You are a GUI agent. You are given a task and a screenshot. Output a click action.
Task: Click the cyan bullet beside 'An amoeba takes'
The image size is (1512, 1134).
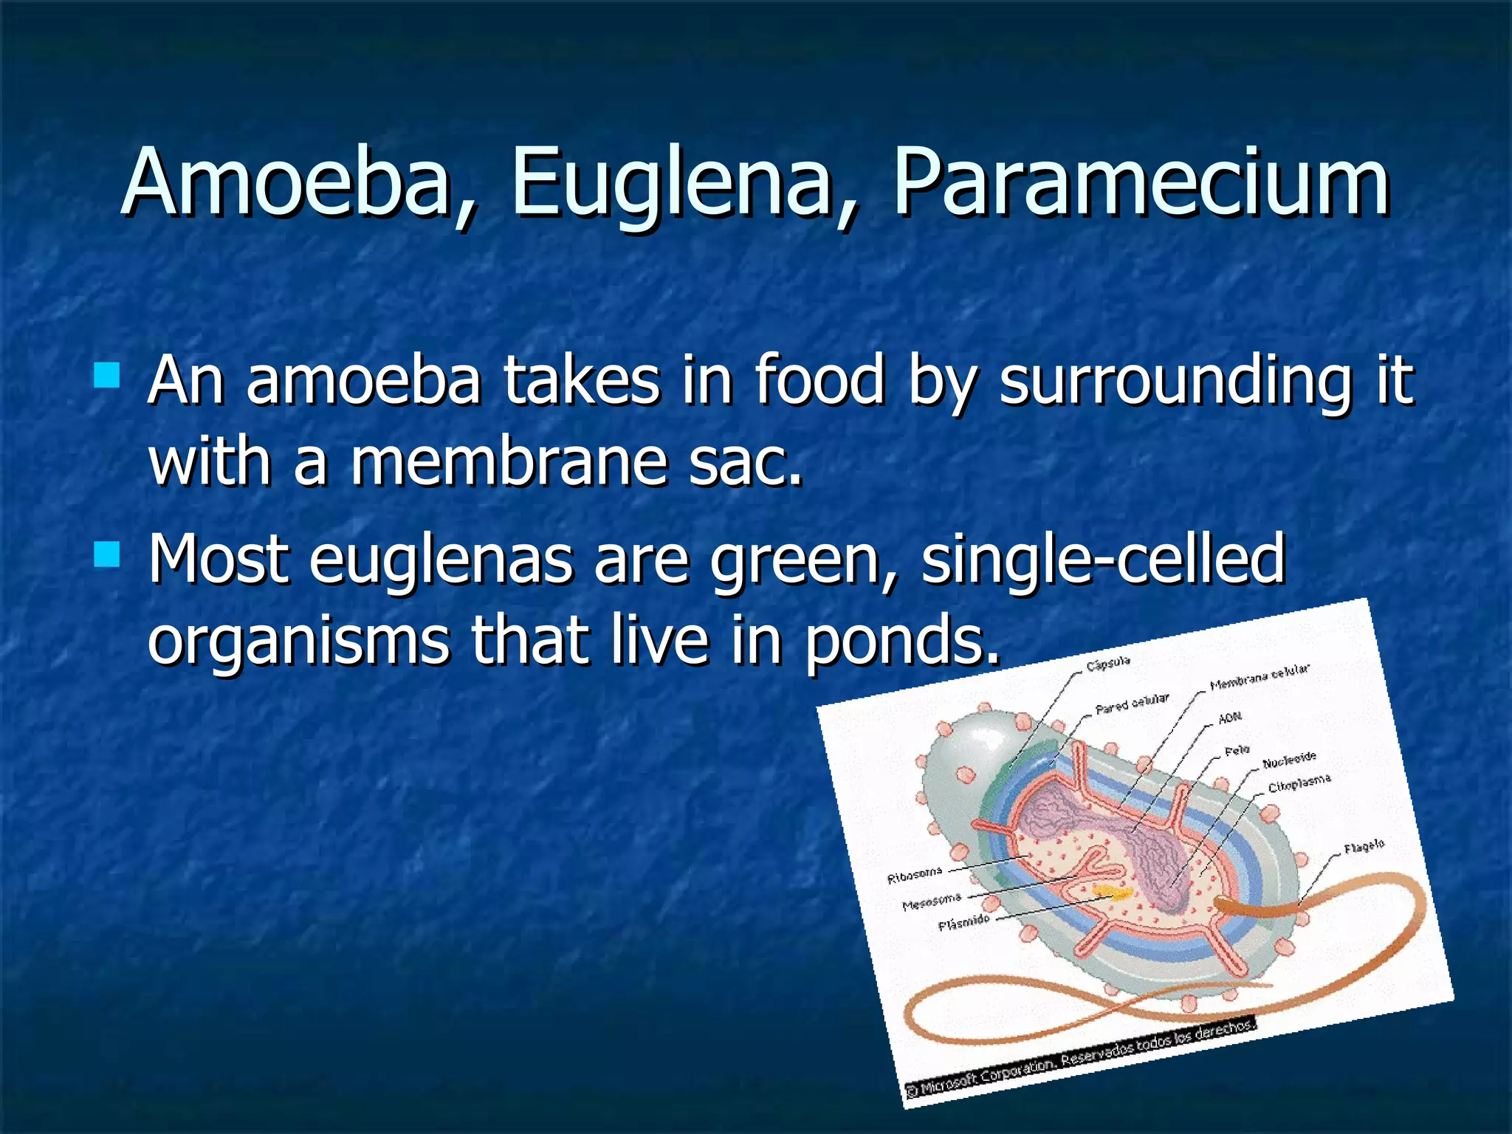tap(108, 375)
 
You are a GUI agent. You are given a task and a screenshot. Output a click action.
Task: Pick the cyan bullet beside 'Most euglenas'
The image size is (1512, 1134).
tap(108, 554)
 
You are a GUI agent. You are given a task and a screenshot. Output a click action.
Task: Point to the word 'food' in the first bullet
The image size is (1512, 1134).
tap(819, 379)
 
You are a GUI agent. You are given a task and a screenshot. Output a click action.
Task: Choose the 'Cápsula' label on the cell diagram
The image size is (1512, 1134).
tap(1107, 663)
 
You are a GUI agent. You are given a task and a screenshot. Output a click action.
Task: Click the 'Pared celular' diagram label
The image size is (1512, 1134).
tap(1132, 704)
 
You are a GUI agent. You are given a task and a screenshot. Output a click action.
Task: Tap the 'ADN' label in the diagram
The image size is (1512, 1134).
tap(1230, 717)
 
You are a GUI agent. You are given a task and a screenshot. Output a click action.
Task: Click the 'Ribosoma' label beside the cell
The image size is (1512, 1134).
tap(915, 876)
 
